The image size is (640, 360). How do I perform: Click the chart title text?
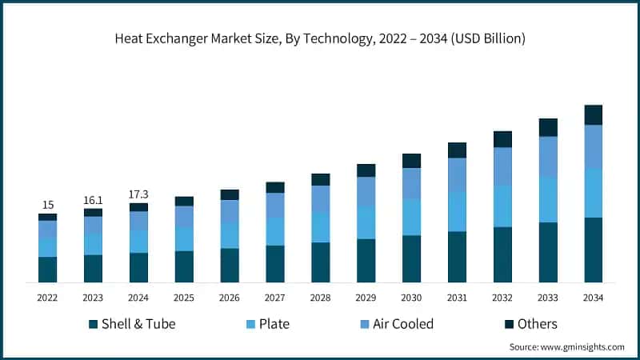point(320,38)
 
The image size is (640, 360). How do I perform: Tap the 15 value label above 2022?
point(47,205)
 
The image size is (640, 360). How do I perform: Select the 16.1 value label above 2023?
point(93,199)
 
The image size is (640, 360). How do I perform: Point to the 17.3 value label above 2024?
point(138,194)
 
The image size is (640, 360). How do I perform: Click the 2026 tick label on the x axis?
point(230,298)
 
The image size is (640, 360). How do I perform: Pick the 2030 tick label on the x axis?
point(411,298)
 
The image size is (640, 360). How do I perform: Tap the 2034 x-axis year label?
point(593,298)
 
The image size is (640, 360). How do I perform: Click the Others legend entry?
point(528,324)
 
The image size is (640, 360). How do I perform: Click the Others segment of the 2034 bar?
point(593,114)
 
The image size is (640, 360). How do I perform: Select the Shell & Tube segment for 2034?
point(593,250)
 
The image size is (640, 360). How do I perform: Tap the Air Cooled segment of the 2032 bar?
point(502,166)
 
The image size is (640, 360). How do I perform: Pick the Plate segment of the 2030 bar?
point(411,217)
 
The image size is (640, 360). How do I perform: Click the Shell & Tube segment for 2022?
point(47,270)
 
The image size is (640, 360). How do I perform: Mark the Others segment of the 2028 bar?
point(320,179)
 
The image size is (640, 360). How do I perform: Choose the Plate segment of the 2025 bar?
point(184,238)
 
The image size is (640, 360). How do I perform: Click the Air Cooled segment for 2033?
point(548,156)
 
